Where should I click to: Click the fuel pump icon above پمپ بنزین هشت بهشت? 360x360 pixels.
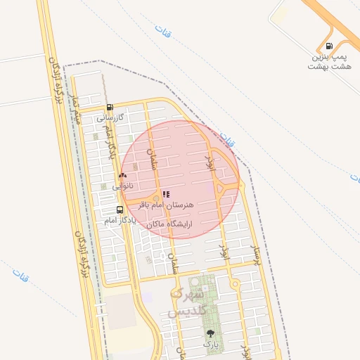click(329, 46)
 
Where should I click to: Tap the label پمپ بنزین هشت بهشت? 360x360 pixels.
click(329, 61)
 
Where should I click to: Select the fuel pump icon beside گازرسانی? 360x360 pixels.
click(110, 108)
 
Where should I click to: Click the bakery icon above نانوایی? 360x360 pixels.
click(123, 176)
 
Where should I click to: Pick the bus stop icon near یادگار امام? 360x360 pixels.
click(119, 210)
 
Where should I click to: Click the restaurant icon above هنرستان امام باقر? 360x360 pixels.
click(166, 194)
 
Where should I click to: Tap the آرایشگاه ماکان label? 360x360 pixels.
click(169, 224)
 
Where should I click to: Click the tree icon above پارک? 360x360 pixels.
click(210, 333)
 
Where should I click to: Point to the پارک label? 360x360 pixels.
click(210, 345)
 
